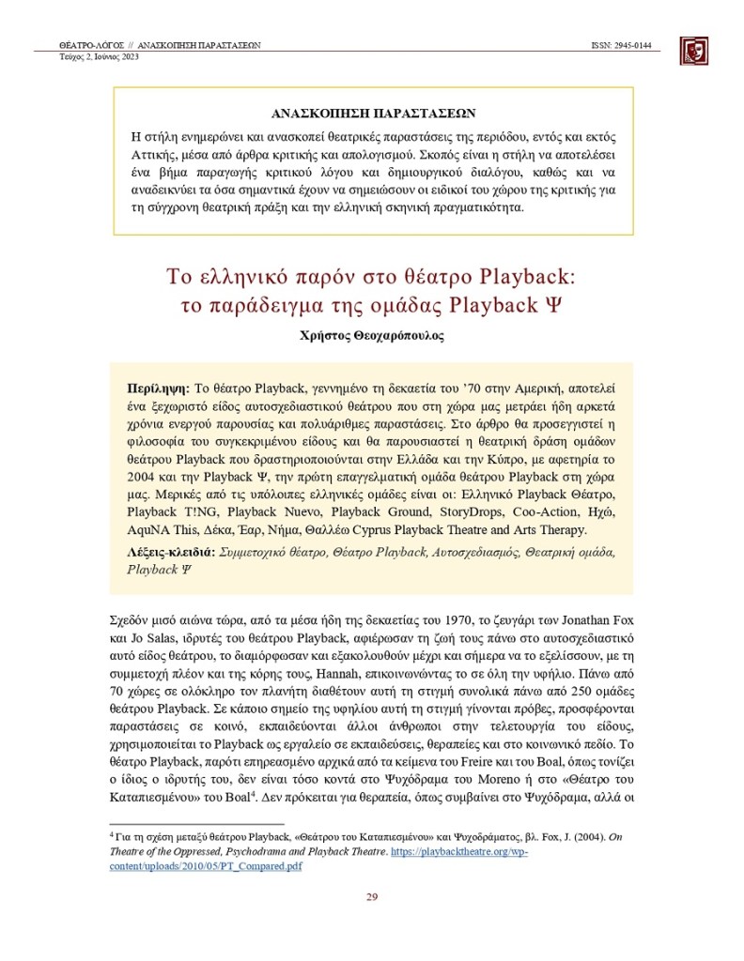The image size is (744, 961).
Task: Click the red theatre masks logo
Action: (693, 51)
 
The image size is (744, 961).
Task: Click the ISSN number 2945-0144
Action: (628, 44)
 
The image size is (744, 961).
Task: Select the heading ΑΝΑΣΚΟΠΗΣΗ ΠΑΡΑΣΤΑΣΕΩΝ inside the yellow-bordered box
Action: (373, 112)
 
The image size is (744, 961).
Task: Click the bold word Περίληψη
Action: (157, 387)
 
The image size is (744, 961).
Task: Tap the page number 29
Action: (371, 896)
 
